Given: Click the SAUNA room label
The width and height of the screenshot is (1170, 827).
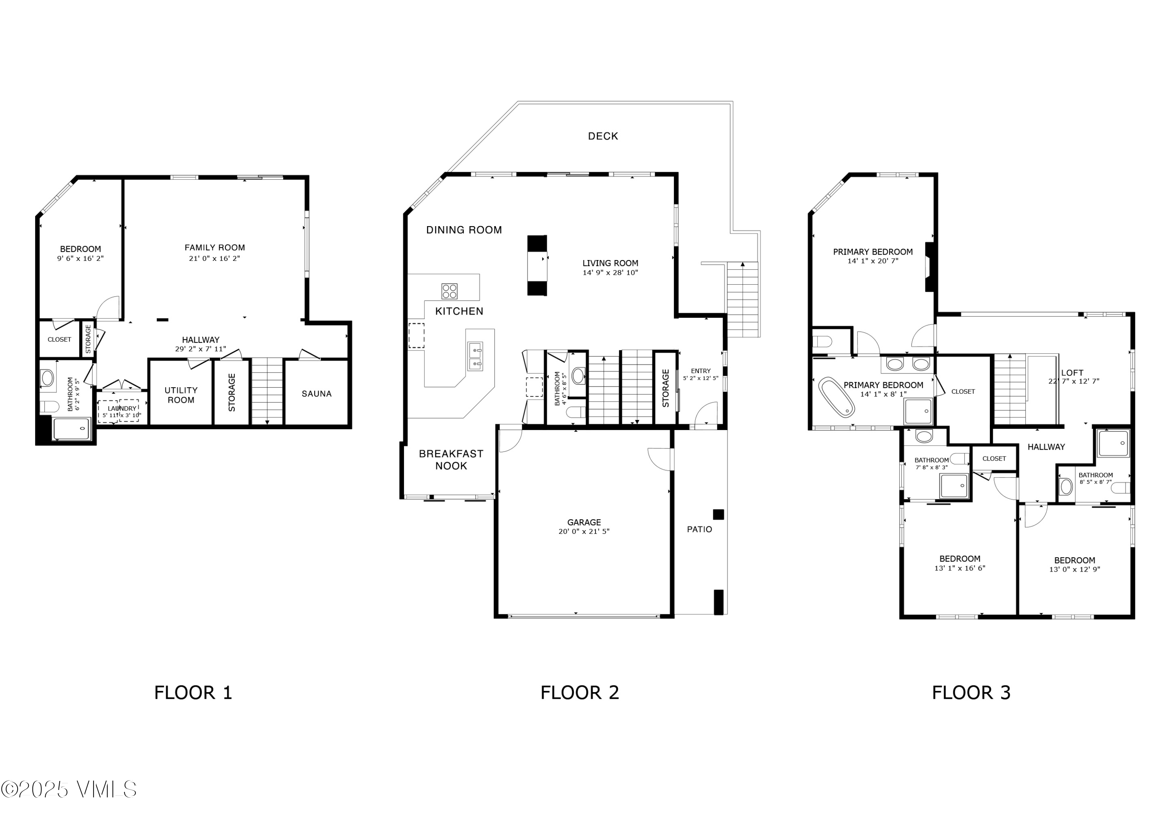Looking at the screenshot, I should click(x=316, y=394).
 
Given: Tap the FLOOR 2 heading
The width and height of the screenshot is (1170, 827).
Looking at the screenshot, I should click(x=580, y=693).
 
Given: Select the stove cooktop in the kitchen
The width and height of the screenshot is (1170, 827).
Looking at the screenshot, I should click(x=449, y=292).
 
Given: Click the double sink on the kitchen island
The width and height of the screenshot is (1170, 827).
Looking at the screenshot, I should click(x=475, y=356).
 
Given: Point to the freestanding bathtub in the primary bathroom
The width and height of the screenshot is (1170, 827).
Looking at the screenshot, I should click(x=836, y=397).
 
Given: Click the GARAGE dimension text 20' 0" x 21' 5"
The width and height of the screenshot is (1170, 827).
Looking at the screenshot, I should click(x=583, y=531).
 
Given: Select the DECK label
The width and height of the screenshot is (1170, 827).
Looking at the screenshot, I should click(x=603, y=136).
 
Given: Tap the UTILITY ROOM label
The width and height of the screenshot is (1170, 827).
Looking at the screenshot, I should click(x=181, y=395).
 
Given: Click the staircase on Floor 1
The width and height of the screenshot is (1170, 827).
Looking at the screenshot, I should click(x=267, y=391).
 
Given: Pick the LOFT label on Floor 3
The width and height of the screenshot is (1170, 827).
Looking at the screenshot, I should click(x=1072, y=373).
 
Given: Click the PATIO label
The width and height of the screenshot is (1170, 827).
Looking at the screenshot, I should click(x=699, y=529).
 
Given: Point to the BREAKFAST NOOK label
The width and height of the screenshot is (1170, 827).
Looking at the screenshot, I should click(x=450, y=460).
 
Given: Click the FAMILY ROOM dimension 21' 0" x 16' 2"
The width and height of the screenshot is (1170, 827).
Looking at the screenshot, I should click(x=214, y=259).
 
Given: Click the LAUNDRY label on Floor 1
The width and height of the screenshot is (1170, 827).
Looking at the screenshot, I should click(x=122, y=409).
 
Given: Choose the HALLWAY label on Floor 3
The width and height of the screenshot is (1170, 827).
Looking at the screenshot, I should click(x=1046, y=447).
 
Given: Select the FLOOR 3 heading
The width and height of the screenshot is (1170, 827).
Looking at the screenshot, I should click(x=971, y=693).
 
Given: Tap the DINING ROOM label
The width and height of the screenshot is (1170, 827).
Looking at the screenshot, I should click(x=464, y=230).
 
